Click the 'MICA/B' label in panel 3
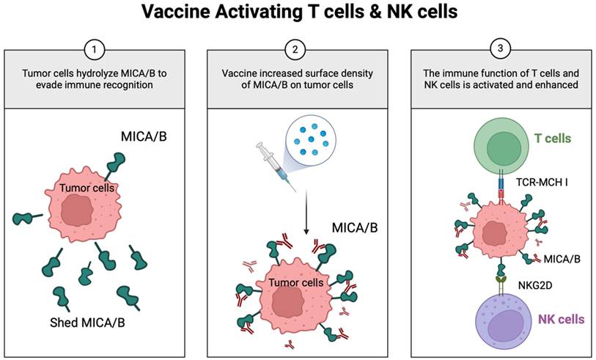click(x=562, y=258)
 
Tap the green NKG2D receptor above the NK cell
click(x=501, y=279)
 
